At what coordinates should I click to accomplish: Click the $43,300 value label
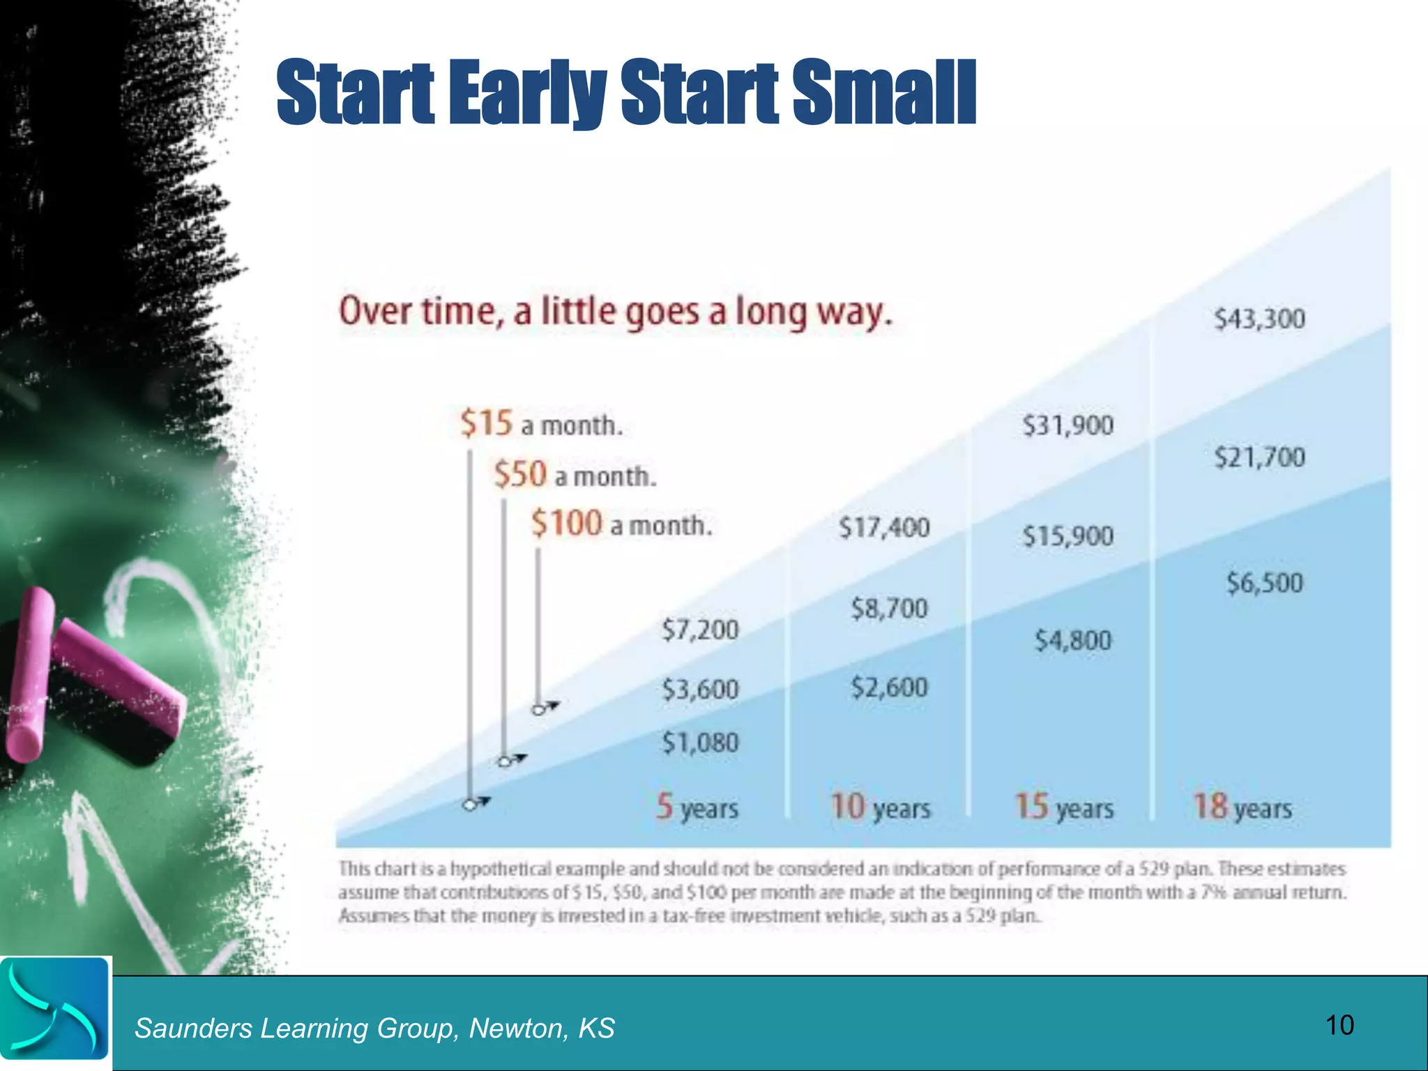pyautogui.click(x=1259, y=319)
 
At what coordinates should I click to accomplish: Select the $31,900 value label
pyautogui.click(x=1068, y=425)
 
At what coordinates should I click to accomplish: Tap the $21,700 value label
pyautogui.click(x=1259, y=457)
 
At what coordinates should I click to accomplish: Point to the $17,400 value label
pyautogui.click(x=883, y=527)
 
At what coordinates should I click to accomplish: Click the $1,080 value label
pyautogui.click(x=699, y=743)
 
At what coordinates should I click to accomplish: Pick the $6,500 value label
pyautogui.click(x=1264, y=583)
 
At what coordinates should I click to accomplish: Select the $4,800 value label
pyautogui.click(x=1072, y=640)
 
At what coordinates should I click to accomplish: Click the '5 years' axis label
pyautogui.click(x=697, y=807)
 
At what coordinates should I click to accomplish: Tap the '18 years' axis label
pyautogui.click(x=1242, y=807)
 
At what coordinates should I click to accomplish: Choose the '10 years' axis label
pyautogui.click(x=880, y=807)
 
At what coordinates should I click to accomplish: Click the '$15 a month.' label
pyautogui.click(x=541, y=424)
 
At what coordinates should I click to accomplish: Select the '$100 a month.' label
pyautogui.click(x=621, y=524)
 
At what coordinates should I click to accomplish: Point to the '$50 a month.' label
pyautogui.click(x=575, y=475)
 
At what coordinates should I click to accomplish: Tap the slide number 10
pyautogui.click(x=1339, y=1025)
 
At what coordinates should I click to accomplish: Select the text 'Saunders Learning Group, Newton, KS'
pyautogui.click(x=374, y=1028)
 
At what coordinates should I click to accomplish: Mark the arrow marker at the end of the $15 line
pyautogui.click(x=476, y=803)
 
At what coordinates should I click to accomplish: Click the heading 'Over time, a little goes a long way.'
pyautogui.click(x=615, y=312)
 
